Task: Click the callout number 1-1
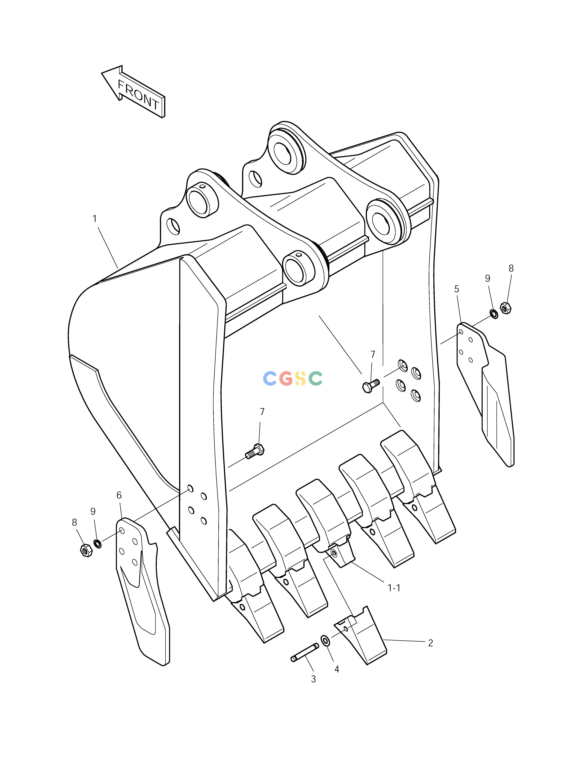(x=394, y=588)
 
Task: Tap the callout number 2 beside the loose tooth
(x=430, y=643)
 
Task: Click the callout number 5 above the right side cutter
(x=456, y=289)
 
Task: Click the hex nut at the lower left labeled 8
(x=86, y=550)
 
